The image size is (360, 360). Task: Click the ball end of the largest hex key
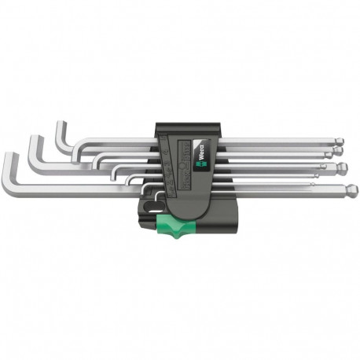point(352,189)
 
